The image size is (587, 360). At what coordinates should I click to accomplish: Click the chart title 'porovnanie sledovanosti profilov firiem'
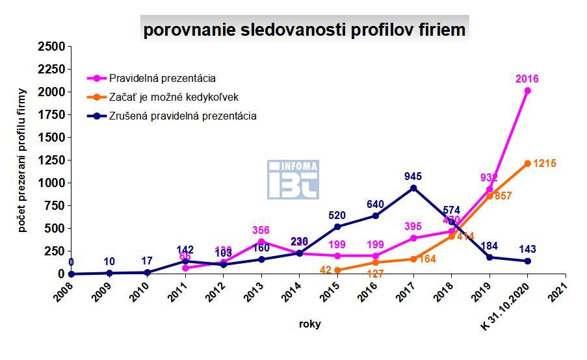304,30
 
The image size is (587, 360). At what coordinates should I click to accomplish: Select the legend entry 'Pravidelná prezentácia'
162,79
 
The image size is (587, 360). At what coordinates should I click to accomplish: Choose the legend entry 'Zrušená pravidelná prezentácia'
183,116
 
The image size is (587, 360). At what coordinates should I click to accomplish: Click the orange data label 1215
545,164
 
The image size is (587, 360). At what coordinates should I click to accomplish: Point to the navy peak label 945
413,175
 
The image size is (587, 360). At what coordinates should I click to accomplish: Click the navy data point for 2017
413,188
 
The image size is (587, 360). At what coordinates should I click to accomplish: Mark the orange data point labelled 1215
527,164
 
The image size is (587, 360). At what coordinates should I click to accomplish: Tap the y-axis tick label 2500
51,47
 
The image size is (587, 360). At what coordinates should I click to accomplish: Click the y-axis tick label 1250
51,161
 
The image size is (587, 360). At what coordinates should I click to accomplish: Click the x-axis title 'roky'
309,324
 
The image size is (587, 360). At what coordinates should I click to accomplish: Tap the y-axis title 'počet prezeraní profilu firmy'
21,160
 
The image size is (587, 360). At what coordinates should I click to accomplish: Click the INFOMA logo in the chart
293,180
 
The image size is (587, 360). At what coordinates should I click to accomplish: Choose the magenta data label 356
261,230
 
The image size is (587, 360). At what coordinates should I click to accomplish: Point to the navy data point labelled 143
527,261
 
